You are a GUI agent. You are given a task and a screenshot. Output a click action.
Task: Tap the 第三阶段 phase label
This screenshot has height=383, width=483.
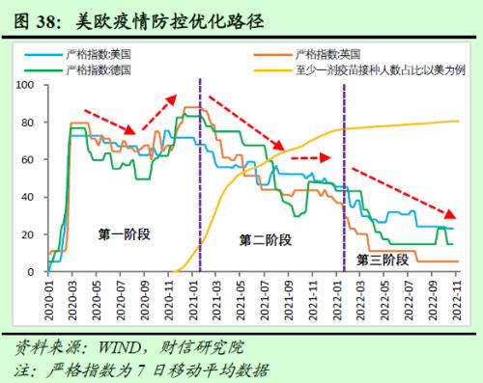(x=382, y=259)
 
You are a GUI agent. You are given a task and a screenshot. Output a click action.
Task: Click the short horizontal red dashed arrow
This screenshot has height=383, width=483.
(x=310, y=156)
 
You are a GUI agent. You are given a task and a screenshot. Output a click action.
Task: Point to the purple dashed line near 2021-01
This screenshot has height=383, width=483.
(x=199, y=174)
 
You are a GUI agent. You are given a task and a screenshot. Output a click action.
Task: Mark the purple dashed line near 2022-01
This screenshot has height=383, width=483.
(x=345, y=193)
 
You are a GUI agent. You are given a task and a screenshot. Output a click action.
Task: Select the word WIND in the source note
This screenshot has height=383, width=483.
(x=118, y=346)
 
